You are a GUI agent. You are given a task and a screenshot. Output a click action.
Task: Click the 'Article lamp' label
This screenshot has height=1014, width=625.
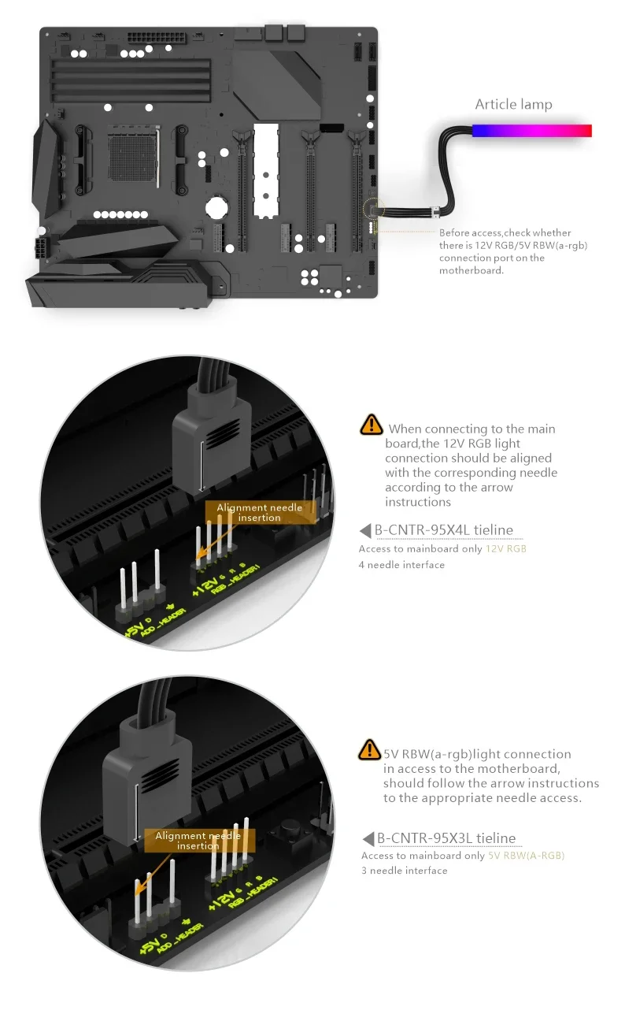pyautogui.click(x=513, y=105)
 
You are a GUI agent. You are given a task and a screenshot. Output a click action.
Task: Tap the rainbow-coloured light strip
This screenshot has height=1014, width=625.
pyautogui.click(x=532, y=130)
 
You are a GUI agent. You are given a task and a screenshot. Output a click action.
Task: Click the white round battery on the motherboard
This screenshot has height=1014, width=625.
pyautogui.click(x=216, y=207)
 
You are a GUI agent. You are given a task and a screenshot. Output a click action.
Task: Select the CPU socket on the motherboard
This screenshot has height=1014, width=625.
pyautogui.click(x=134, y=157)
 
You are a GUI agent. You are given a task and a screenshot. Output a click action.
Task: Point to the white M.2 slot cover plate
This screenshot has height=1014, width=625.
pyautogui.click(x=266, y=171)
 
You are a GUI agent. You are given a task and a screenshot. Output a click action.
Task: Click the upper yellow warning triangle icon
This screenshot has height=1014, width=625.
pyautogui.click(x=372, y=425)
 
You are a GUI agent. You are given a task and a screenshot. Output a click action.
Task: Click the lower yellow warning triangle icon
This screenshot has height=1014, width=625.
pyautogui.click(x=369, y=749)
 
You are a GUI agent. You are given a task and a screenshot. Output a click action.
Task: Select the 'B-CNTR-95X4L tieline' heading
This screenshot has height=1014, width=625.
pyautogui.click(x=444, y=530)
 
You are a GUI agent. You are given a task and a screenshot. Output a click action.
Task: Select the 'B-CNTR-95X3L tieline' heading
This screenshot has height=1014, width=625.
pyautogui.click(x=446, y=838)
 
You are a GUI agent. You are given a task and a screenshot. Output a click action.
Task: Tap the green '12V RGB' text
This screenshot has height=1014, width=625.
pyautogui.click(x=506, y=548)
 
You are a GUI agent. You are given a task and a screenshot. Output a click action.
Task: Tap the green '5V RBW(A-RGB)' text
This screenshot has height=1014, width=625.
pyautogui.click(x=527, y=856)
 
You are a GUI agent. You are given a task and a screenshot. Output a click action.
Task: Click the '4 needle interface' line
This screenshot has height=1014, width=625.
pyautogui.click(x=401, y=565)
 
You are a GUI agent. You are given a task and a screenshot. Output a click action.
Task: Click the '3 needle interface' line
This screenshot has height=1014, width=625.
pyautogui.click(x=405, y=871)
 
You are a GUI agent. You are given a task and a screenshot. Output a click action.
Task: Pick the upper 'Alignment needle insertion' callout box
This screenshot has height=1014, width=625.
pyautogui.click(x=260, y=512)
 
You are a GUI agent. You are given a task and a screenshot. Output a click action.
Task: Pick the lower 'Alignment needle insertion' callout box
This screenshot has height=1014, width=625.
pyautogui.click(x=199, y=841)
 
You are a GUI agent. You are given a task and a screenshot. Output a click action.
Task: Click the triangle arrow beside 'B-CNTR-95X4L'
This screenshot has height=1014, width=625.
pyautogui.click(x=365, y=530)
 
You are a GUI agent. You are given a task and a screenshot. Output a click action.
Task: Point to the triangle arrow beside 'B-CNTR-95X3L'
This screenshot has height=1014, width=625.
pyautogui.click(x=368, y=838)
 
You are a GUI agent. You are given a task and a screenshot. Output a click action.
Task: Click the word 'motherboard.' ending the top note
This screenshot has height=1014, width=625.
pyautogui.click(x=472, y=271)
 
